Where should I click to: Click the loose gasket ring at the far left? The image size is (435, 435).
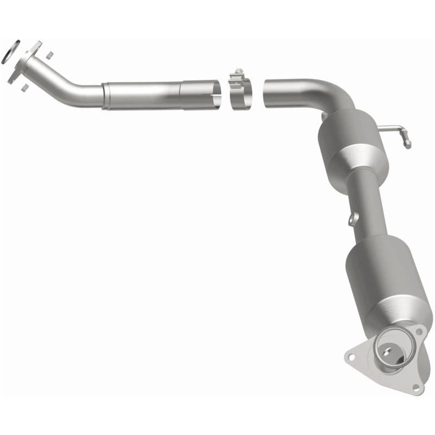(x=11, y=51)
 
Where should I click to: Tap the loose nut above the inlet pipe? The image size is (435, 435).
(x=49, y=55)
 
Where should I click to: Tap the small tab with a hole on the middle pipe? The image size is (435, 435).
(x=353, y=219)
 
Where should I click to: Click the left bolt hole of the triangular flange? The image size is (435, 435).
(x=351, y=357)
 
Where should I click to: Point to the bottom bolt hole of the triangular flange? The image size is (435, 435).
(x=415, y=387)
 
